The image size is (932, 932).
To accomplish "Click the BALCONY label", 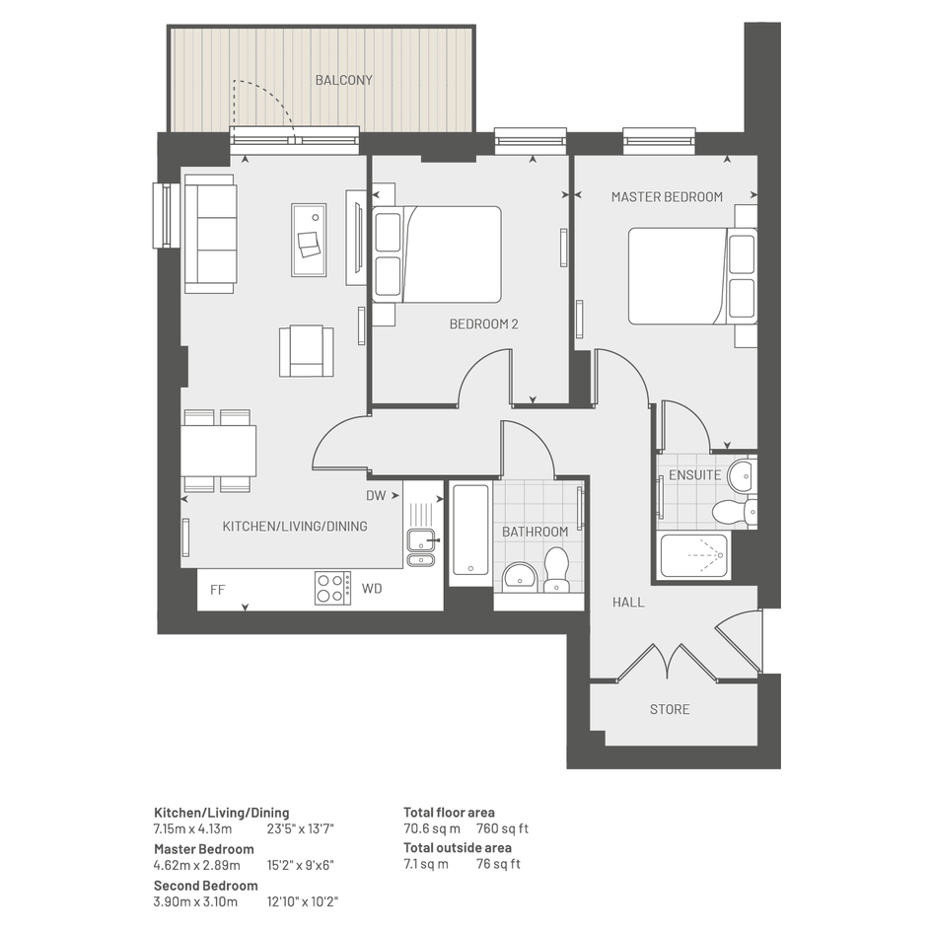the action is [x=343, y=80].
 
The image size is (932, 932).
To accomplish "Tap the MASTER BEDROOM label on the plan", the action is [x=667, y=196].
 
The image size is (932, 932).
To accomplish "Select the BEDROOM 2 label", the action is [x=484, y=323].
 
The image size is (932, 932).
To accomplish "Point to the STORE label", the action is [x=670, y=709].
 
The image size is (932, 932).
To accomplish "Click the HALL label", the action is [x=628, y=603].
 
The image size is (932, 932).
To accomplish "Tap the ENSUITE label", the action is [x=695, y=475].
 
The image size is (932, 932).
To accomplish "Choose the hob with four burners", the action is [x=333, y=588].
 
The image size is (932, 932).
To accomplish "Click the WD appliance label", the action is [x=372, y=589].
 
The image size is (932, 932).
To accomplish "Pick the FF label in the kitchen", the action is [x=218, y=590].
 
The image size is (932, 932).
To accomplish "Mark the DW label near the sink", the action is [x=376, y=495].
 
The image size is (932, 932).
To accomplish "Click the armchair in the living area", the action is [x=306, y=351].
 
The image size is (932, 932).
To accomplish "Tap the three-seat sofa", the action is [x=210, y=234].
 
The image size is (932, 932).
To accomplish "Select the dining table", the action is [x=218, y=451].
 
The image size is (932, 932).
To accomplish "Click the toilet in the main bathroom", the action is [x=556, y=569].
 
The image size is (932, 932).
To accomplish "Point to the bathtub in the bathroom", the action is [x=470, y=529].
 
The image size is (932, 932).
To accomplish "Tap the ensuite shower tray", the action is [x=693, y=555].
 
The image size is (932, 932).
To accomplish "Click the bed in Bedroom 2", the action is [x=437, y=254].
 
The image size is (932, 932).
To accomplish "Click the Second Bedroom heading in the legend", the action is [x=206, y=886].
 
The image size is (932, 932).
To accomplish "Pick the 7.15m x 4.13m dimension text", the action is [x=192, y=828].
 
